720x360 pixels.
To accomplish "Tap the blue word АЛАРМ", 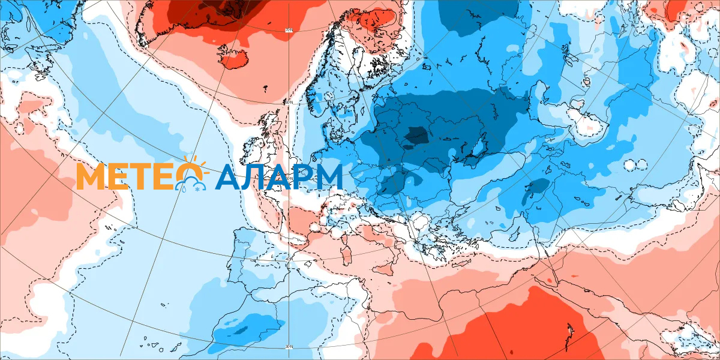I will click(279, 177).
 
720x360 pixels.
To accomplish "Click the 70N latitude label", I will click(289, 29).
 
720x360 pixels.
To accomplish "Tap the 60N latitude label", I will click(289, 103).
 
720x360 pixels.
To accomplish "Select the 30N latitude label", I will click(289, 346).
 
